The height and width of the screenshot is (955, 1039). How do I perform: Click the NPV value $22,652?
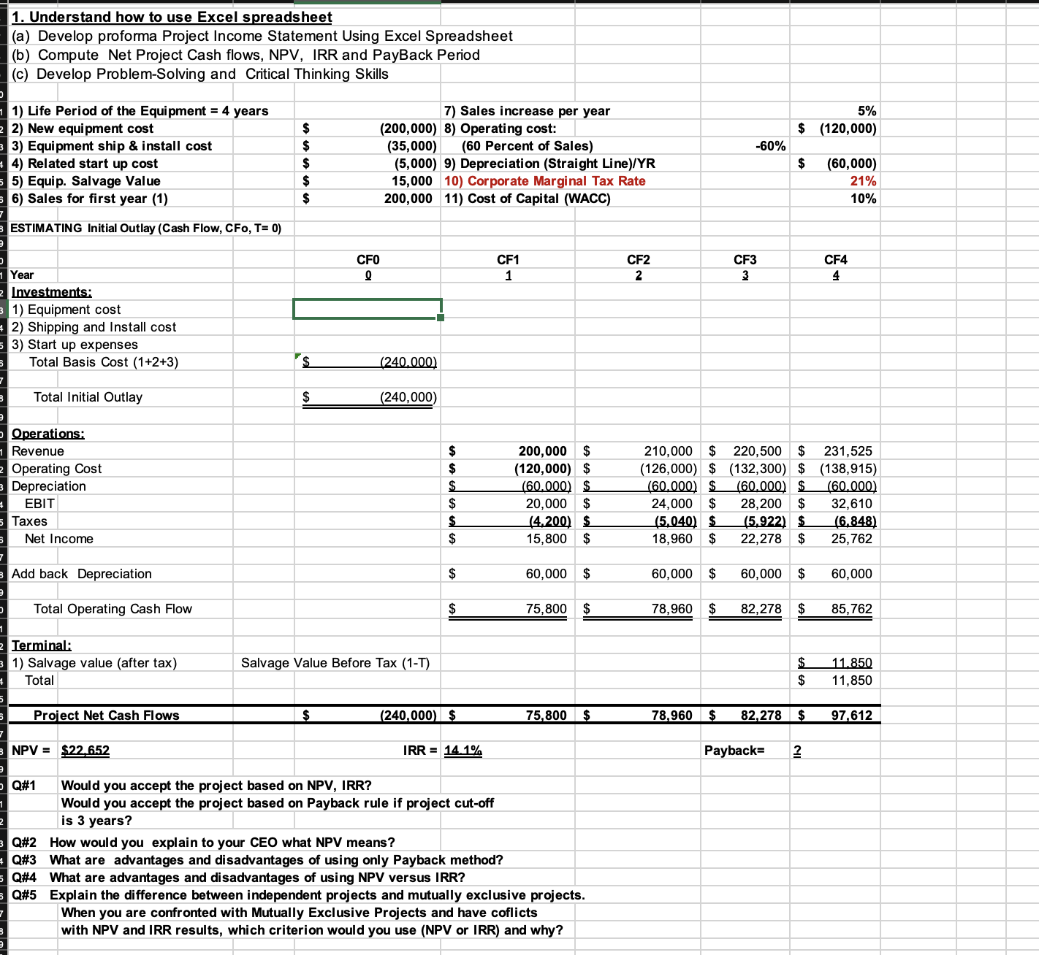point(85,750)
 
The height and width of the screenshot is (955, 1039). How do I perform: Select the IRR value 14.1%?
point(463,750)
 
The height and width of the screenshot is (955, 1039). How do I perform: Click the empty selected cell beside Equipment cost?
point(367,309)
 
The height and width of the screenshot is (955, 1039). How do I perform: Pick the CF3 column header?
point(745,260)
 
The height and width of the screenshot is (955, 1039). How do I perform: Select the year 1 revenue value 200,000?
point(542,451)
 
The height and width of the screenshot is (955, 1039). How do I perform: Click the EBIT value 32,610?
point(851,504)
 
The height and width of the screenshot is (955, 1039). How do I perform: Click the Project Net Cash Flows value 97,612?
point(851,716)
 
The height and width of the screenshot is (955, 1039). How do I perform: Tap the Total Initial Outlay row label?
point(88,397)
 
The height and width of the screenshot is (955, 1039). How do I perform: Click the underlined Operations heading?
point(48,434)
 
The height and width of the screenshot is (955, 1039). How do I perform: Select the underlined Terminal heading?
point(42,645)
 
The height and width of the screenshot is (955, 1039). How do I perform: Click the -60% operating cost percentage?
point(770,146)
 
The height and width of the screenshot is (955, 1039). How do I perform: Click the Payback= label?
point(734,750)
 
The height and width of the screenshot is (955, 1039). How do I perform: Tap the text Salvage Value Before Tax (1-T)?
point(335,663)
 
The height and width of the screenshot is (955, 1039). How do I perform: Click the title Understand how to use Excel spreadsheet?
point(172,17)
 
